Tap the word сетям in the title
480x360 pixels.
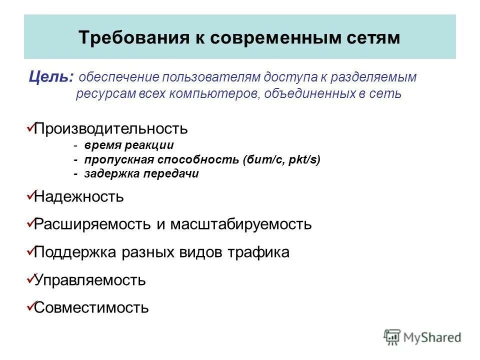tap(373, 38)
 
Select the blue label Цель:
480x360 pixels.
tap(52, 77)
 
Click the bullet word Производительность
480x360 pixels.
tap(110, 128)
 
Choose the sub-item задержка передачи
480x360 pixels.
tap(141, 174)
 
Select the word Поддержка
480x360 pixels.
tap(75, 252)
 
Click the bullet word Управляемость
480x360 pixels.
tap(89, 280)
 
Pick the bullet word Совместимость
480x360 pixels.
tap(91, 307)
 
